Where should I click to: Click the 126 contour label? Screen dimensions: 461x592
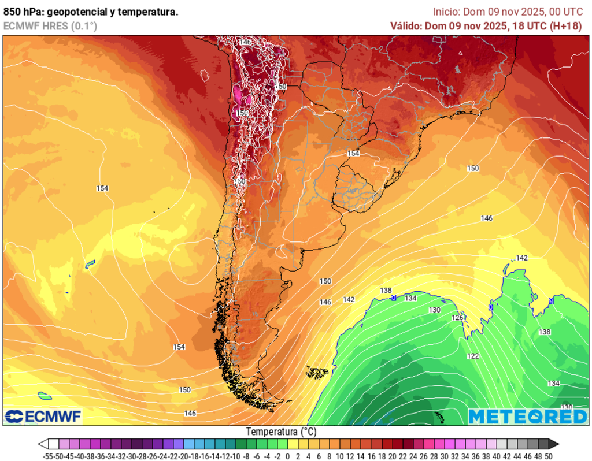click(457, 318)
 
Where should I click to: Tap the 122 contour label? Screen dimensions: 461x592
click(473, 356)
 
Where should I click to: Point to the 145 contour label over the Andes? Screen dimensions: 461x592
click(245, 43)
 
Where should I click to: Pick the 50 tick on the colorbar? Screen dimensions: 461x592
click(548, 456)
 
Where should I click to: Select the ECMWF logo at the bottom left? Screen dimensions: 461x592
click(43, 416)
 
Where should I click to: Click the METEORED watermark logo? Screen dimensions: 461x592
click(527, 417)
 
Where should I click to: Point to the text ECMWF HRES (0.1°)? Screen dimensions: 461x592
click(50, 26)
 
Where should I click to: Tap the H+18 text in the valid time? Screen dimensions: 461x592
click(567, 26)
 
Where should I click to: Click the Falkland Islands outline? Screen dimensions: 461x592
click(317, 373)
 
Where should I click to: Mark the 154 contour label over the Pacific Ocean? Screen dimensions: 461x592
click(102, 188)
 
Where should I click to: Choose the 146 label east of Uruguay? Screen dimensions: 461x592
click(487, 218)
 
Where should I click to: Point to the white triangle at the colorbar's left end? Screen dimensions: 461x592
click(43, 444)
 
